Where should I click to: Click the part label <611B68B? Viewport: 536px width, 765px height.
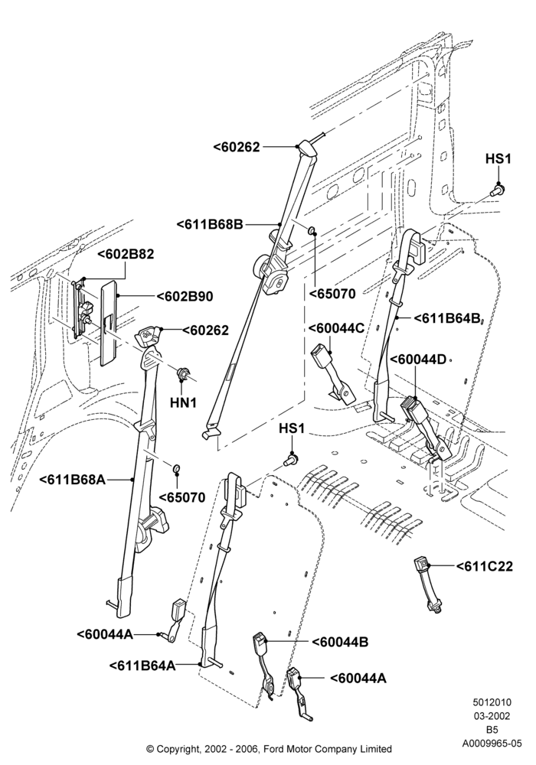(x=209, y=224)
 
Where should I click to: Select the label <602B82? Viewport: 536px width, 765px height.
(x=126, y=254)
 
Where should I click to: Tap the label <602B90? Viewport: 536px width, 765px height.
(x=185, y=297)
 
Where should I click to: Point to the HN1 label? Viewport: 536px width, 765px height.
(x=184, y=402)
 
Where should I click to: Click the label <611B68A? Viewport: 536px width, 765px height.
(x=72, y=480)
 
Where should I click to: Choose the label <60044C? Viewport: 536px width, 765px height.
(x=337, y=327)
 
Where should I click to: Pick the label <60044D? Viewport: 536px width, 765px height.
(x=418, y=360)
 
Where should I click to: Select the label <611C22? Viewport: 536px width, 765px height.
(x=485, y=566)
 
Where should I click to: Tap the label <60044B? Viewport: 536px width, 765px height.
(x=340, y=642)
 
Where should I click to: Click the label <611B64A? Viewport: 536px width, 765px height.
(x=142, y=666)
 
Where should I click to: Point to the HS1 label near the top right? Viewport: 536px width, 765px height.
(x=498, y=159)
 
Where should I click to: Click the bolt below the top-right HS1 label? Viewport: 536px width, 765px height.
(x=498, y=190)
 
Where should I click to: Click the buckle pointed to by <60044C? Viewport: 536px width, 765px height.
(x=334, y=373)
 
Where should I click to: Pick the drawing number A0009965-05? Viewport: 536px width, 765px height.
(x=492, y=744)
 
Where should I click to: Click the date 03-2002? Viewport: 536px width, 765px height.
(x=492, y=716)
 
